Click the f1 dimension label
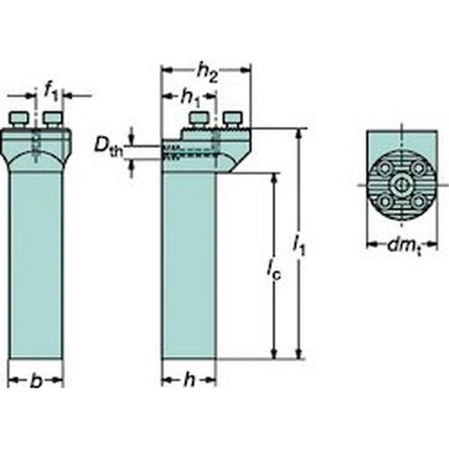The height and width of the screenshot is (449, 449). (x=51, y=91)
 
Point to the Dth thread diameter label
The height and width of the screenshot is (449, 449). (x=109, y=147)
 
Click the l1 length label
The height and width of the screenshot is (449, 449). (x=299, y=246)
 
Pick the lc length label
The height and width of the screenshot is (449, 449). (x=274, y=270)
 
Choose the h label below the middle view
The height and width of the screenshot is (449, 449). (x=189, y=380)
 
